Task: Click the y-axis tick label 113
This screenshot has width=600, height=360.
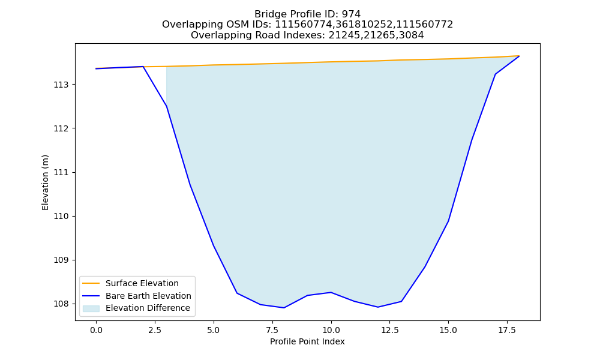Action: [61, 85]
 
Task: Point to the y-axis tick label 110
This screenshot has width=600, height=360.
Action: [61, 216]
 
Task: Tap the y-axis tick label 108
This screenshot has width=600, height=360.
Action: [61, 304]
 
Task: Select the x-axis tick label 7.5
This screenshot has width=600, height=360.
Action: [272, 330]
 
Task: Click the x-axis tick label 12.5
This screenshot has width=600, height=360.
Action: [389, 330]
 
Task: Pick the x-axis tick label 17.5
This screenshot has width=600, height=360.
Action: [507, 330]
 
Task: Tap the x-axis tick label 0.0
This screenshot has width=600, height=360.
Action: [96, 330]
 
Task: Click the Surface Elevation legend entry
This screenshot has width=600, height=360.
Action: [142, 283]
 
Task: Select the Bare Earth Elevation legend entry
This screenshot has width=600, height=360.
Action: [148, 296]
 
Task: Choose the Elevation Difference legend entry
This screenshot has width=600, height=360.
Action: [148, 308]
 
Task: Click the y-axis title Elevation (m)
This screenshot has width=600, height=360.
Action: [45, 182]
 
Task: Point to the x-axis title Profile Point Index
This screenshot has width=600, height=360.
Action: [307, 341]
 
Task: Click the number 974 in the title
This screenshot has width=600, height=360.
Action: [351, 14]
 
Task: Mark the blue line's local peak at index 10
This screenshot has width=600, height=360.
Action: [331, 292]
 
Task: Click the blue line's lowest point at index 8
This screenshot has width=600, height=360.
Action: [284, 308]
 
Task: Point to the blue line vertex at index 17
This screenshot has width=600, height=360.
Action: [495, 74]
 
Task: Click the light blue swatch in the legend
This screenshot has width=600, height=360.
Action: [91, 308]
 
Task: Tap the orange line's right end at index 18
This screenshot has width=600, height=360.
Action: [519, 56]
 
